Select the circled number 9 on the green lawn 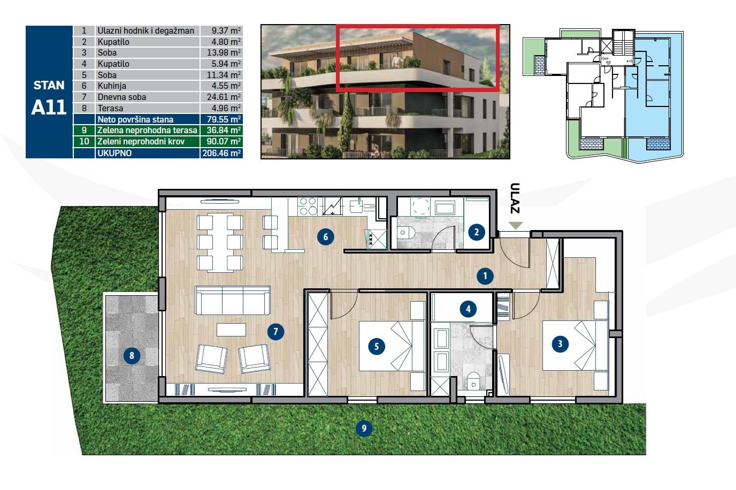click(x=364, y=428)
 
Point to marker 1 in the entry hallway click(x=485, y=276)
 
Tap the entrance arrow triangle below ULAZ click(x=515, y=225)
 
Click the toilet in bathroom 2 click(x=407, y=232)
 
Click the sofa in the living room click(x=233, y=300)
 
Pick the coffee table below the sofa click(x=232, y=330)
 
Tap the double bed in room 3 click(x=575, y=345)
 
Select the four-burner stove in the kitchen click(x=307, y=206)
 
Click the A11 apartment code click(x=49, y=108)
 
